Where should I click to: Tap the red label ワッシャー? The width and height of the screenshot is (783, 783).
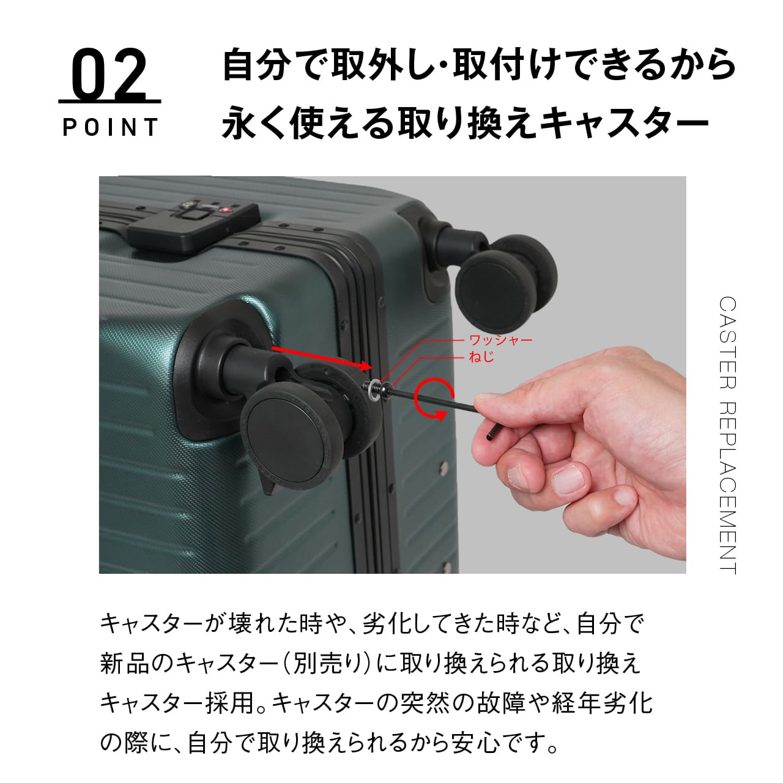pos(500,340)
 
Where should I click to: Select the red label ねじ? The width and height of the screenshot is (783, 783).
pos(482,357)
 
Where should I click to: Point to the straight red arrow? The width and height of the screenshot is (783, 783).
pos(322,358)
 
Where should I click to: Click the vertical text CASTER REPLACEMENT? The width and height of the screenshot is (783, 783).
pos(727,435)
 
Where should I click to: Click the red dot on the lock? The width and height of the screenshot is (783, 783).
pos(226,210)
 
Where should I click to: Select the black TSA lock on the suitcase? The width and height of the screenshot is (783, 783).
pos(193,225)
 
